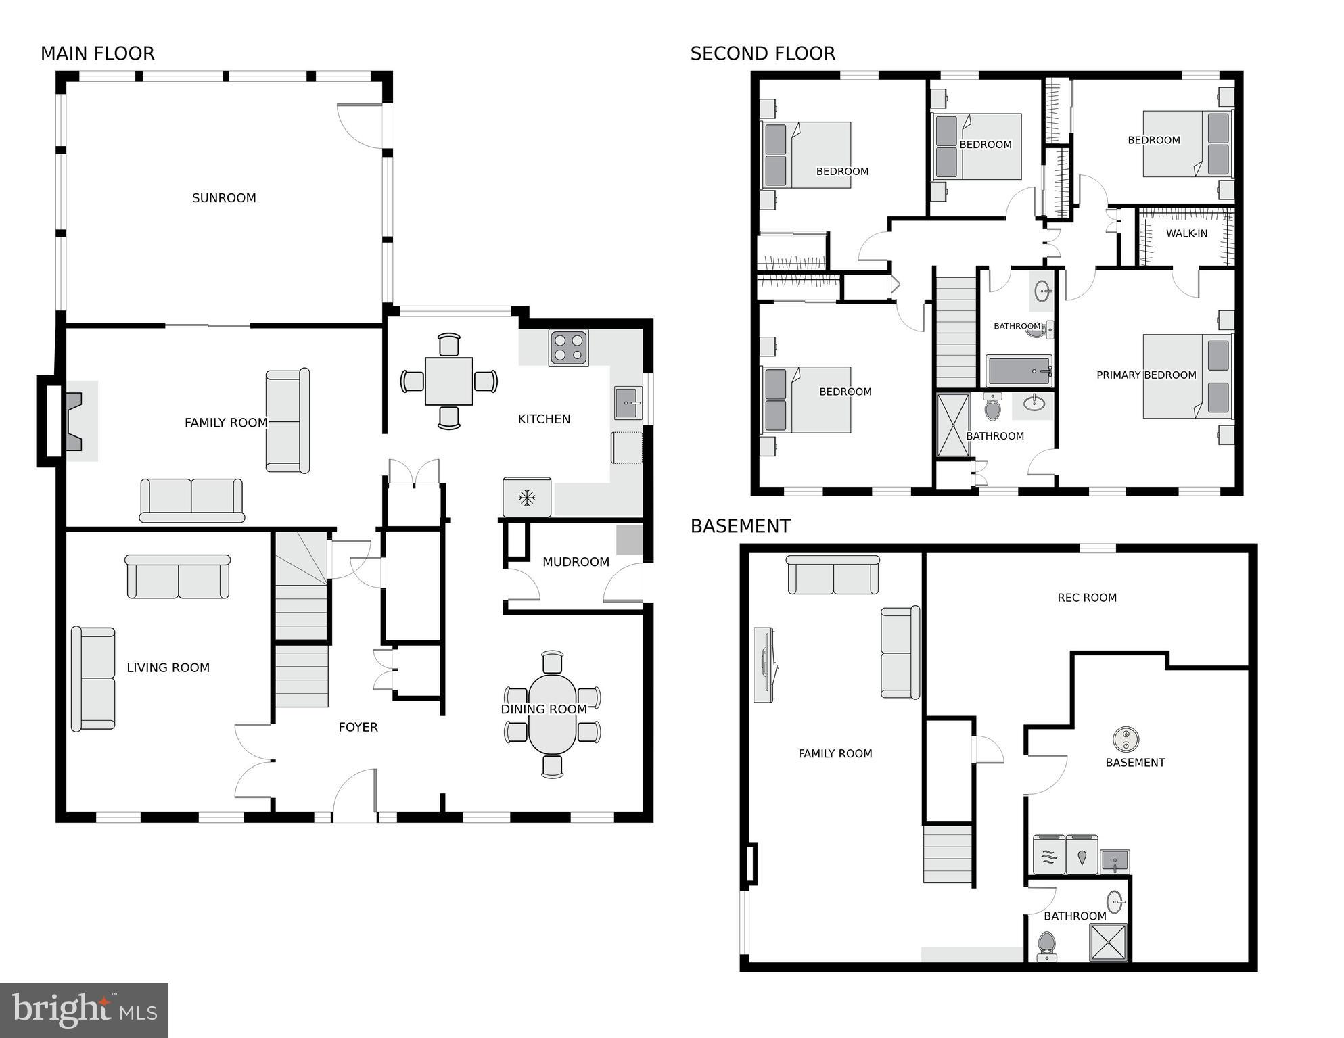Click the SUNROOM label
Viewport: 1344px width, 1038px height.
point(224,198)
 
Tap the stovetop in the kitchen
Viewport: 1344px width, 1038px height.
point(568,348)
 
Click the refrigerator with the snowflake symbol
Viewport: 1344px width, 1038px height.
point(527,498)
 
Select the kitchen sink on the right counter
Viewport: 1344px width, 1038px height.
point(628,403)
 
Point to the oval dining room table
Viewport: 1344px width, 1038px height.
point(553,714)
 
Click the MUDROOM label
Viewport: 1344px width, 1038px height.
point(576,562)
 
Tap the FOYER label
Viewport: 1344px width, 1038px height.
point(358,727)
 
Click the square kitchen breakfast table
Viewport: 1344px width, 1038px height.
point(448,381)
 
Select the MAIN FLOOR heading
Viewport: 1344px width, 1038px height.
point(97,53)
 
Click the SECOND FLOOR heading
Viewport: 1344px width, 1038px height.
point(762,53)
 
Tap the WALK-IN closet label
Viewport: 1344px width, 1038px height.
point(1186,233)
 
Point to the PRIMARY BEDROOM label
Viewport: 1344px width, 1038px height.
point(1146,375)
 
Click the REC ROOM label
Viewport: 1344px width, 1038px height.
point(1086,598)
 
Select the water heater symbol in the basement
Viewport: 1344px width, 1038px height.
point(1126,738)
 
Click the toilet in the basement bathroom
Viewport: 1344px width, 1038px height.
point(1046,945)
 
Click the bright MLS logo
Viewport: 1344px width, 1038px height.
point(84,1010)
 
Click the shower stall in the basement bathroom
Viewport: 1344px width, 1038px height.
point(1108,942)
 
